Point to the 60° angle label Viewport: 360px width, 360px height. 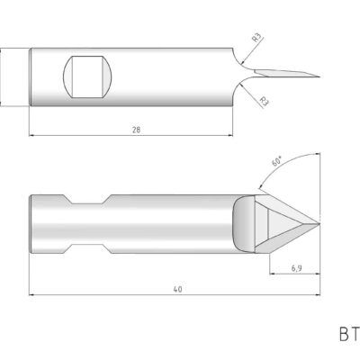(x=277, y=162)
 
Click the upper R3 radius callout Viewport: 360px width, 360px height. (x=257, y=37)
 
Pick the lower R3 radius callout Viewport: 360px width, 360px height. (x=263, y=101)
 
